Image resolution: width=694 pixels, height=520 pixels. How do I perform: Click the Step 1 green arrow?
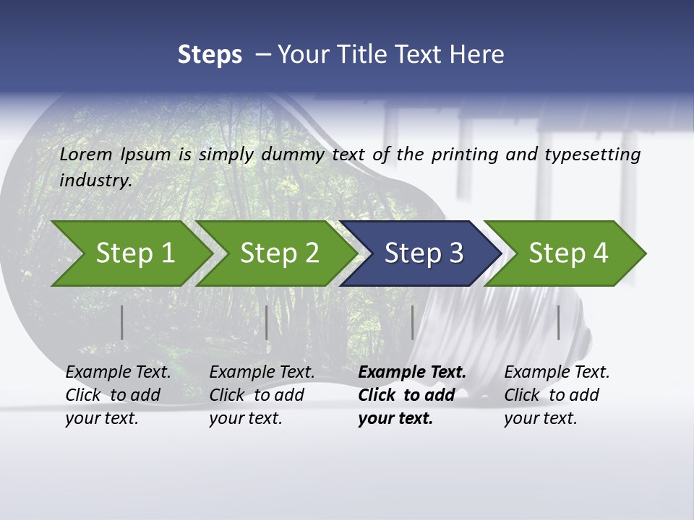click(134, 253)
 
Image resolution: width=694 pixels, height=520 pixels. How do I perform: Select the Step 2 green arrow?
click(278, 253)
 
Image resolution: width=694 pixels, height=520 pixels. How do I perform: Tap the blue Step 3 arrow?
click(422, 253)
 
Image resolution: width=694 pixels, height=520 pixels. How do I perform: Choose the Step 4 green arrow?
click(567, 253)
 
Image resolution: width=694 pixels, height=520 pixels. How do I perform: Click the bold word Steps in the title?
click(210, 54)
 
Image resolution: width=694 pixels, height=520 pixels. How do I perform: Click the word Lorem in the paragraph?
click(85, 154)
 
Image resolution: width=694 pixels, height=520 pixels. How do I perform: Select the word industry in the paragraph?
click(95, 180)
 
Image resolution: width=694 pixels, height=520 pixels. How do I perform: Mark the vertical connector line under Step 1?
click(122, 322)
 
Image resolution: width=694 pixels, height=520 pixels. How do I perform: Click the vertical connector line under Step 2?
click(267, 322)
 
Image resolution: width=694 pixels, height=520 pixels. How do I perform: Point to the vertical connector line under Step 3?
click(413, 322)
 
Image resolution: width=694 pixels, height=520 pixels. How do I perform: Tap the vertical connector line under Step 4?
click(559, 322)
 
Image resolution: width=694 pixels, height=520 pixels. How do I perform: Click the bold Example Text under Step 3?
click(412, 373)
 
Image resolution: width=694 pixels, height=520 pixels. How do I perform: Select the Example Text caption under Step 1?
click(118, 373)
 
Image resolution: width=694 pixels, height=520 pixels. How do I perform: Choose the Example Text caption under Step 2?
click(262, 373)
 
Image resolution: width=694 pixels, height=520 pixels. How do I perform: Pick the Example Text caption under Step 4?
click(557, 373)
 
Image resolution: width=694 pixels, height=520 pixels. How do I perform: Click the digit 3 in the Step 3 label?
click(455, 253)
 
